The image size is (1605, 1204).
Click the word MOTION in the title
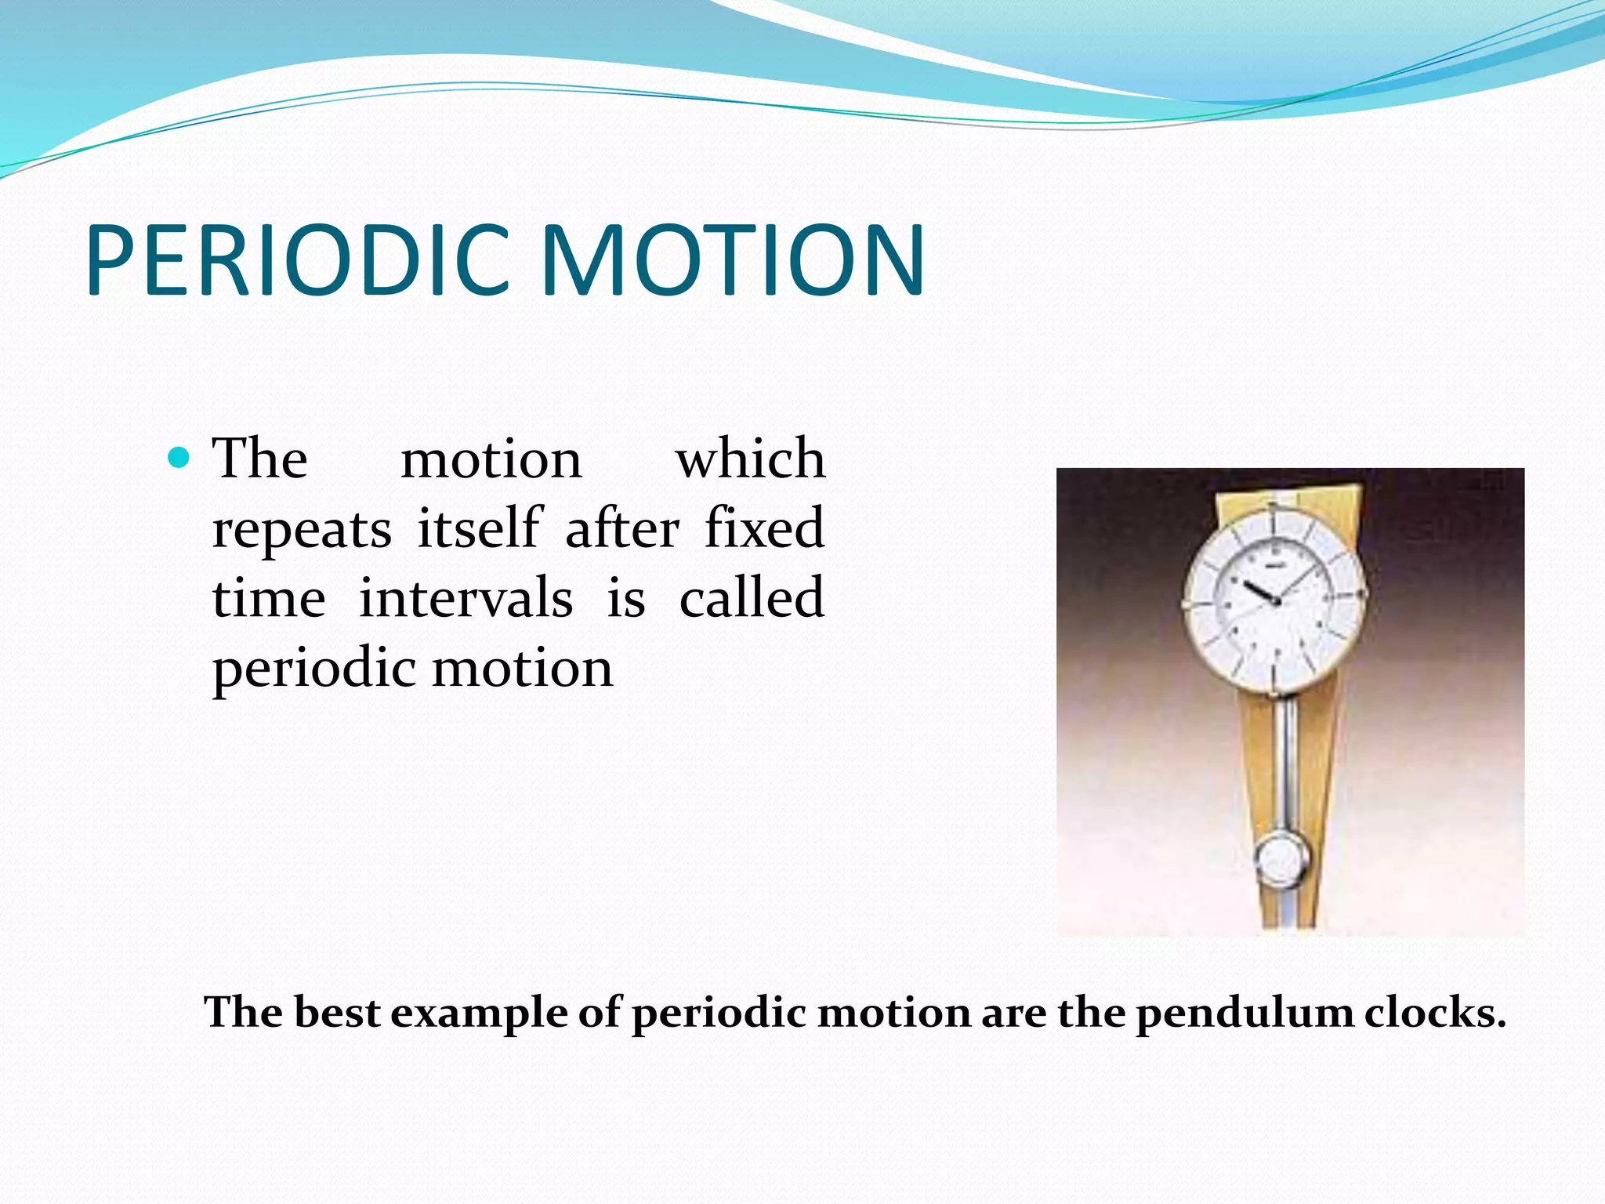point(732,260)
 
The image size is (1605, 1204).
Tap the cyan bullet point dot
point(179,458)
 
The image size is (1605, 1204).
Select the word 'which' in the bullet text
point(750,459)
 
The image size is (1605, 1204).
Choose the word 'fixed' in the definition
point(764,528)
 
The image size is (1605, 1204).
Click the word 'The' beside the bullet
point(260,459)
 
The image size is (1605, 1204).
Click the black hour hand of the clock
point(1258,592)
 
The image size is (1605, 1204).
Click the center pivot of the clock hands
point(1275,601)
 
